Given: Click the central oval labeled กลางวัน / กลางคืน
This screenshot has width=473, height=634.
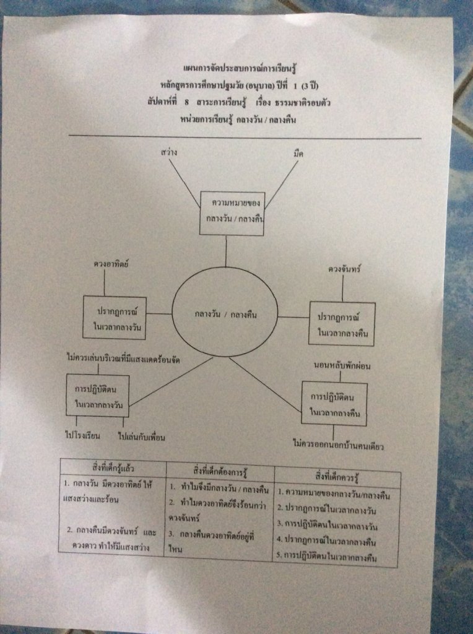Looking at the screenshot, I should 225,315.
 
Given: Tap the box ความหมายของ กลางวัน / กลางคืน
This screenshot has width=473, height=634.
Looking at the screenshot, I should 232,212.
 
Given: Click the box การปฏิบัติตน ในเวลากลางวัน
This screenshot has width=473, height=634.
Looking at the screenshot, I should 98,395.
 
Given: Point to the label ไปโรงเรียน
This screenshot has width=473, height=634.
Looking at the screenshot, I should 82,436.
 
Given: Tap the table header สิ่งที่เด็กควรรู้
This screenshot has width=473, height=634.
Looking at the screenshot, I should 337,477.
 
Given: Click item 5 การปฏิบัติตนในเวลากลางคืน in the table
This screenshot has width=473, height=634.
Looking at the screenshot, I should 336,557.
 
